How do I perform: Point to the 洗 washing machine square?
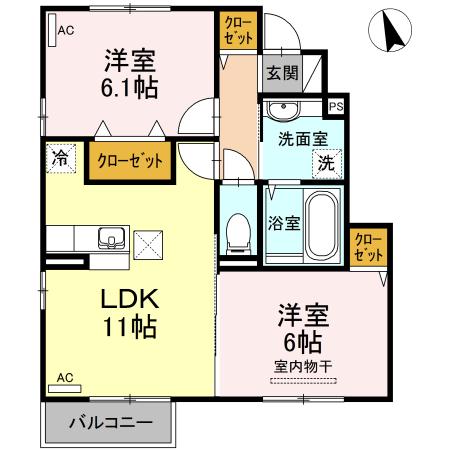coord(327,162)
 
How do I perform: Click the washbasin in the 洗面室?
coord(286,109)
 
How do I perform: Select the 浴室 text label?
coord(282,225)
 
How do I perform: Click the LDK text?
coord(128,300)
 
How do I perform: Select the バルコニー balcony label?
coord(110,423)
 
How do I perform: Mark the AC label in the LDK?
coord(65,378)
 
